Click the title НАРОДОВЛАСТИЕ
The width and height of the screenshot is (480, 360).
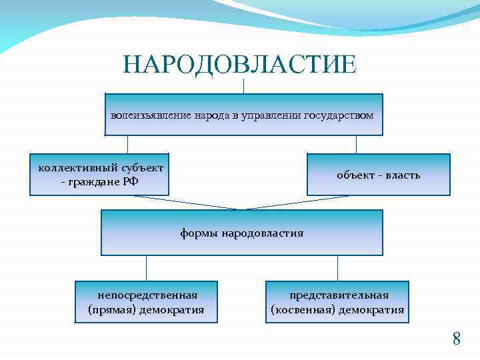pos(240,65)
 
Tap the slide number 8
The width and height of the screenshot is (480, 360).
pos(457,339)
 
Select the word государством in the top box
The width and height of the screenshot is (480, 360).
pos(339,115)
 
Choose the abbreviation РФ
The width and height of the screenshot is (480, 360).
pos(131,181)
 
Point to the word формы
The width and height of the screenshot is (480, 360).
pos(199,233)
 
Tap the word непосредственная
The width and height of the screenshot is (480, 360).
pos(147,295)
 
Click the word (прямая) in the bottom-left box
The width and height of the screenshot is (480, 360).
pos(111,309)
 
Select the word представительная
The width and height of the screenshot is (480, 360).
pos(339,295)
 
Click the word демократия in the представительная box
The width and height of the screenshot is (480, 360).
pos(371,309)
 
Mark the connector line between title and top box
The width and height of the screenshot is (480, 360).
pos(244,86)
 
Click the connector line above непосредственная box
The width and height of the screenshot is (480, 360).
pos(147,268)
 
